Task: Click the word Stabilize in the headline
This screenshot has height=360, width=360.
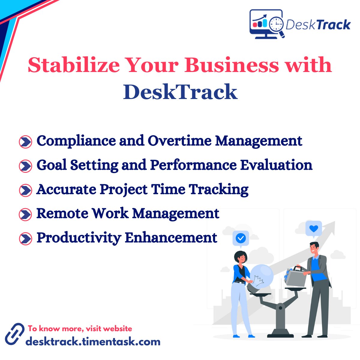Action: point(73,65)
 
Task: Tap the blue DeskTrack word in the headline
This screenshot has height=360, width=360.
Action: point(180,92)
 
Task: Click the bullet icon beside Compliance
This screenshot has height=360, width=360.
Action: point(25,142)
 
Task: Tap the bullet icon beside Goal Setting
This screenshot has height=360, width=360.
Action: point(25,166)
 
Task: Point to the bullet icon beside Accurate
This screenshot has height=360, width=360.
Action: point(25,190)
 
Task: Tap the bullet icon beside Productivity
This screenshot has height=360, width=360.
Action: point(25,239)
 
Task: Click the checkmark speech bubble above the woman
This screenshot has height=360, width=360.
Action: point(241,238)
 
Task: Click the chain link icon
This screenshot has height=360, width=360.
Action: point(14,334)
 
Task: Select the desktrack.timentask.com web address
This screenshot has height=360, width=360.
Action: point(93,341)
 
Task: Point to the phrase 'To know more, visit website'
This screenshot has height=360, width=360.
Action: point(80,328)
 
